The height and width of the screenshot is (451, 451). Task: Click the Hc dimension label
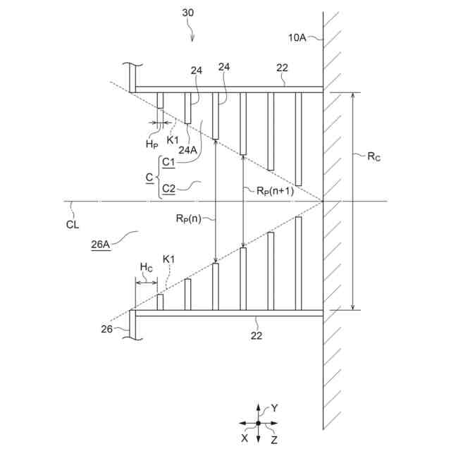coord(146,267)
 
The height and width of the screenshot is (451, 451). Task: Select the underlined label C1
coord(168,162)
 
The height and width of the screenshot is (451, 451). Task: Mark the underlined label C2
coord(168,188)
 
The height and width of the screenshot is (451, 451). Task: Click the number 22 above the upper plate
coord(283,68)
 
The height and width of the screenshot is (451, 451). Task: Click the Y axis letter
coord(276,407)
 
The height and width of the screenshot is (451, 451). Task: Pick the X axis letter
coord(245,437)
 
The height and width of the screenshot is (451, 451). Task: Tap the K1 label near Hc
coord(169,260)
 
